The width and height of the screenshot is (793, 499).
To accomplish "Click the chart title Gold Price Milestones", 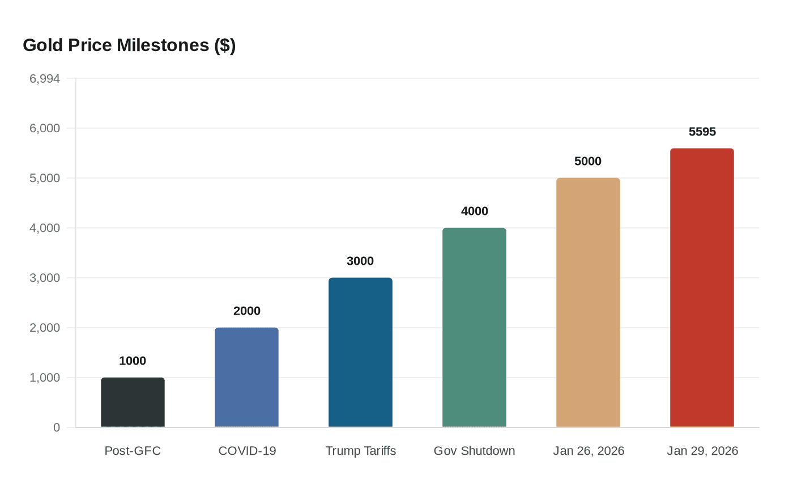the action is pos(129,45).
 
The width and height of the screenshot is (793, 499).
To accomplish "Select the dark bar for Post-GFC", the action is pos(133,403).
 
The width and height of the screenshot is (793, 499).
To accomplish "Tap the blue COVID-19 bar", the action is pos(246,378).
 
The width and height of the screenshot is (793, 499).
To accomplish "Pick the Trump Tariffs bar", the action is pos(360,353).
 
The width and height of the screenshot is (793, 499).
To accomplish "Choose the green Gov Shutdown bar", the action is pos(474,328).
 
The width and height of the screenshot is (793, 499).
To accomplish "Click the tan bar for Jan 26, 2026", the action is pos(588,303).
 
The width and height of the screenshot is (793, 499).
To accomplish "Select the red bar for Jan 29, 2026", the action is pos(702,288).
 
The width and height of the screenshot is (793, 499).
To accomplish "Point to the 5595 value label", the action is pos(702,132).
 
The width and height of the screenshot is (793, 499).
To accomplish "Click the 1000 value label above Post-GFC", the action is pos(133,361).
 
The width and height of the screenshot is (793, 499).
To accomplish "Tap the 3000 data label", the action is pos(360,261).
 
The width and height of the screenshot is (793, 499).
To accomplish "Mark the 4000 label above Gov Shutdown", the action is pos(474,211).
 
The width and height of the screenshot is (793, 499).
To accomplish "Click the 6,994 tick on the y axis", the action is pos(45,79).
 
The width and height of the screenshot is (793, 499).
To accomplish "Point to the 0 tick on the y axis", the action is pos(57,428).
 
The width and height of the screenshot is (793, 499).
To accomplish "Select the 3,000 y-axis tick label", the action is pos(45,278).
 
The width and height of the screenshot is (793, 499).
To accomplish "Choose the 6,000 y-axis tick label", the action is pos(45,128).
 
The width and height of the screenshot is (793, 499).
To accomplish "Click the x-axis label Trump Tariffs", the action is pos(360,451).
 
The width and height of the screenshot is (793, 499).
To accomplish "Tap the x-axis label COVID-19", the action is pos(247,451).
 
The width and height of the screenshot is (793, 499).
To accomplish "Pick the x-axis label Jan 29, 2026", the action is pos(702,451).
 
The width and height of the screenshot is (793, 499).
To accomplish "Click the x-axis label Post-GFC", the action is pos(133,451).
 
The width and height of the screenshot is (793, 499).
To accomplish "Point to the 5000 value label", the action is pos(588,161).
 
